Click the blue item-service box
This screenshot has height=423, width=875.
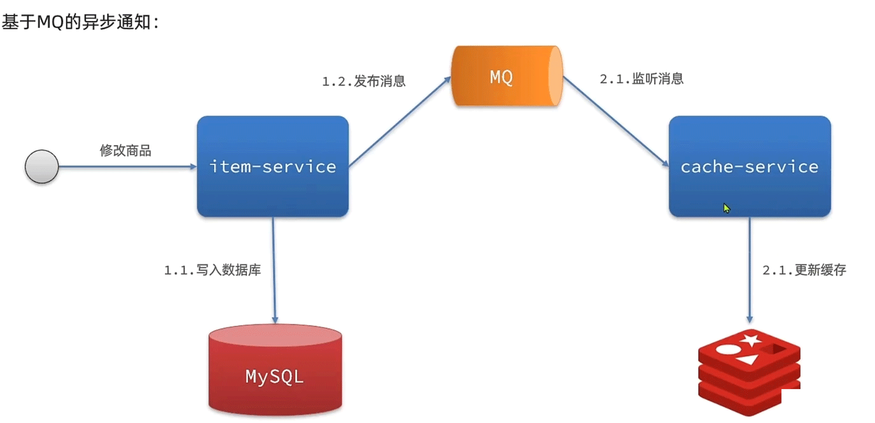point(272,167)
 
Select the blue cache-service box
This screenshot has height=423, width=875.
point(750,167)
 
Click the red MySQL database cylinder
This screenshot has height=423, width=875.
point(275,370)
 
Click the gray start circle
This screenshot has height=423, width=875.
point(41,166)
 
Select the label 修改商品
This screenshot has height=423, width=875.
point(125,151)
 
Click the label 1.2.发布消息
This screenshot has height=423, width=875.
point(363,81)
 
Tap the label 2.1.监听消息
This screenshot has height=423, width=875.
point(642,79)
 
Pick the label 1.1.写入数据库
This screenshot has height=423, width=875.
point(212,270)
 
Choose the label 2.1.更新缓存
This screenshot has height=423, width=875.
point(804,270)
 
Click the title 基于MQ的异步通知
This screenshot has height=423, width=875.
point(79,23)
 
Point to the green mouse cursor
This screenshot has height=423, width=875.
point(727,208)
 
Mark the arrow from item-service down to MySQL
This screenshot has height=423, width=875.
point(273,268)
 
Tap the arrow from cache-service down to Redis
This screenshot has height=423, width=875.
point(750,268)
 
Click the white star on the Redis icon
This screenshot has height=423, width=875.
point(750,340)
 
